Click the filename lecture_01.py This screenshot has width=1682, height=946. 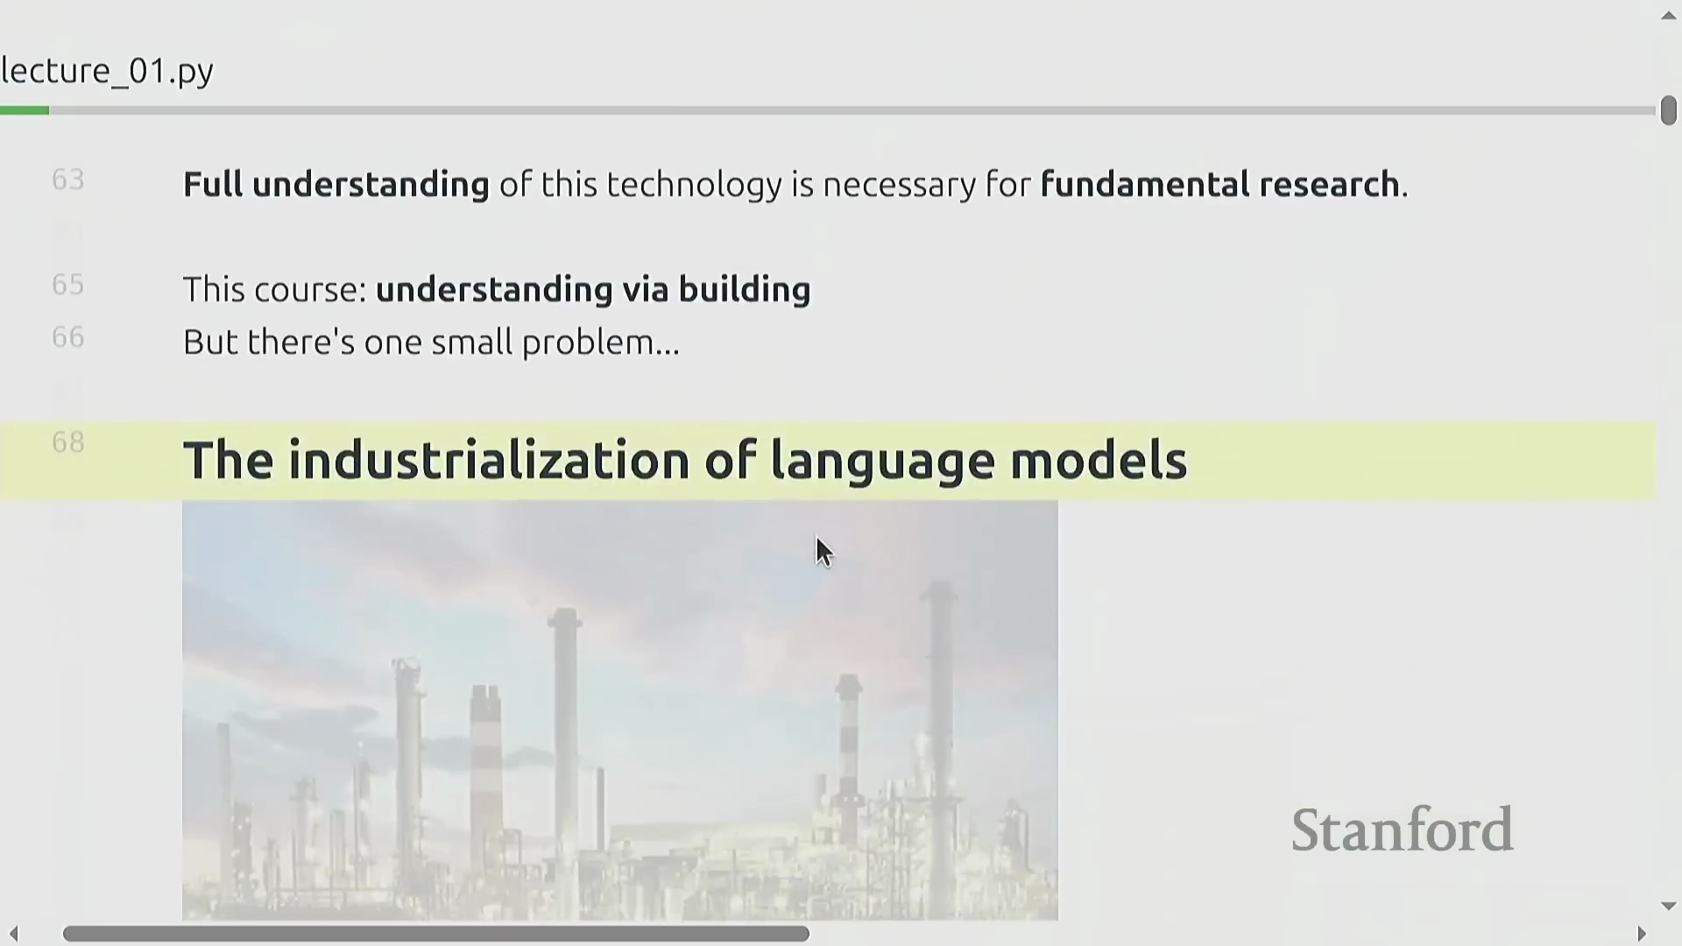(x=107, y=71)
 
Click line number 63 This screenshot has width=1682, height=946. (x=68, y=180)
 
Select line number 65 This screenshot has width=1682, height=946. (x=68, y=285)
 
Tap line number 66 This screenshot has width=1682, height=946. (x=68, y=337)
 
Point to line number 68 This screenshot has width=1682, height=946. (x=68, y=442)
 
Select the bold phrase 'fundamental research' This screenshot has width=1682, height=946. (x=1220, y=185)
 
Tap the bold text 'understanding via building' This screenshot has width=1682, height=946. (x=593, y=290)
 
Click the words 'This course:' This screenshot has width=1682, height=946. (x=275, y=290)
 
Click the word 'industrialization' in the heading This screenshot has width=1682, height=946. (x=489, y=461)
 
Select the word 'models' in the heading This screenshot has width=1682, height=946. (x=1099, y=461)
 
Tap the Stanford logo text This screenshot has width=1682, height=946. (x=1403, y=830)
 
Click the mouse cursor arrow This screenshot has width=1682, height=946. (x=823, y=553)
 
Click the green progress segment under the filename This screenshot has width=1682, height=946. (x=25, y=110)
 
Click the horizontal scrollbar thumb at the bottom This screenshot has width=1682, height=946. (x=436, y=934)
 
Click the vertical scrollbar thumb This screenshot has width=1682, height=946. (x=1668, y=110)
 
